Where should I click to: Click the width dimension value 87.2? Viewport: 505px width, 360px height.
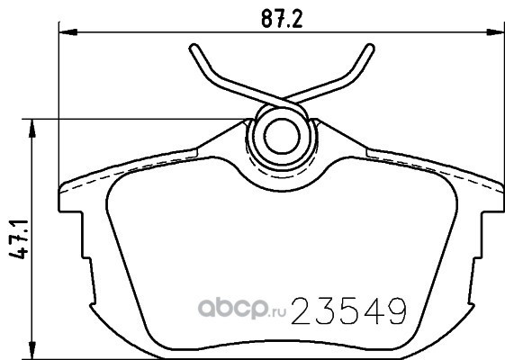click(282, 19)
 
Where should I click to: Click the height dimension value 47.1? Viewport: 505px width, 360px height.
click(19, 239)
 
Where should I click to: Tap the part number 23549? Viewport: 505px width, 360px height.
click(349, 310)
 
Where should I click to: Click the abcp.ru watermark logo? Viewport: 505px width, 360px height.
click(242, 308)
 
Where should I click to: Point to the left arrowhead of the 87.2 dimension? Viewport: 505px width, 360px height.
click(68, 32)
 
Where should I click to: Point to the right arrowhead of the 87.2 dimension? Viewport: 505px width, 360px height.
click(495, 32)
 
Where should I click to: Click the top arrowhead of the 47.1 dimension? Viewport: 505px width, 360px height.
click(32, 128)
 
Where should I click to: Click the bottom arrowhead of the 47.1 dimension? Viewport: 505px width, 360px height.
click(32, 350)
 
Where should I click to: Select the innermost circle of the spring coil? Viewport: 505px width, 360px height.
click(282, 120)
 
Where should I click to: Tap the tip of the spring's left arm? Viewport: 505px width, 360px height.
click(194, 48)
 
